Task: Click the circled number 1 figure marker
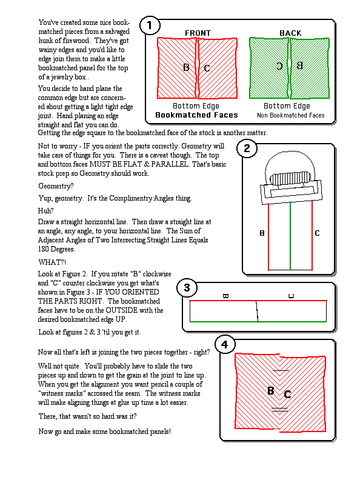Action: [x=150, y=25]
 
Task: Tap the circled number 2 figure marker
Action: [x=247, y=148]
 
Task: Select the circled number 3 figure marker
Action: [x=187, y=288]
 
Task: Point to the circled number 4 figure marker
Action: [x=225, y=345]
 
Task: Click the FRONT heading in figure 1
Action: [x=198, y=33]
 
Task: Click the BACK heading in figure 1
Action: [x=290, y=33]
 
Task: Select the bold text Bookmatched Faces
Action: [x=196, y=115]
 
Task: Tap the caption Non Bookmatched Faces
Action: [x=290, y=115]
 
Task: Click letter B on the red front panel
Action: [x=186, y=67]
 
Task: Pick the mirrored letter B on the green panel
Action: [x=299, y=65]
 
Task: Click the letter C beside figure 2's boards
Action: [x=317, y=233]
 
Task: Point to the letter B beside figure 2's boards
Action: [x=262, y=233]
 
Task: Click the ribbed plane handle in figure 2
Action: [x=290, y=178]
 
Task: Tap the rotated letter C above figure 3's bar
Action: [x=292, y=296]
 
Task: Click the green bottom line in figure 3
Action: [x=258, y=322]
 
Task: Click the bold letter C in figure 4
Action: [x=287, y=395]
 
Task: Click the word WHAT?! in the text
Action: [x=52, y=262]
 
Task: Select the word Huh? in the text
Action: [x=45, y=211]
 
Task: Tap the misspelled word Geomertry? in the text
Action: [x=56, y=186]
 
